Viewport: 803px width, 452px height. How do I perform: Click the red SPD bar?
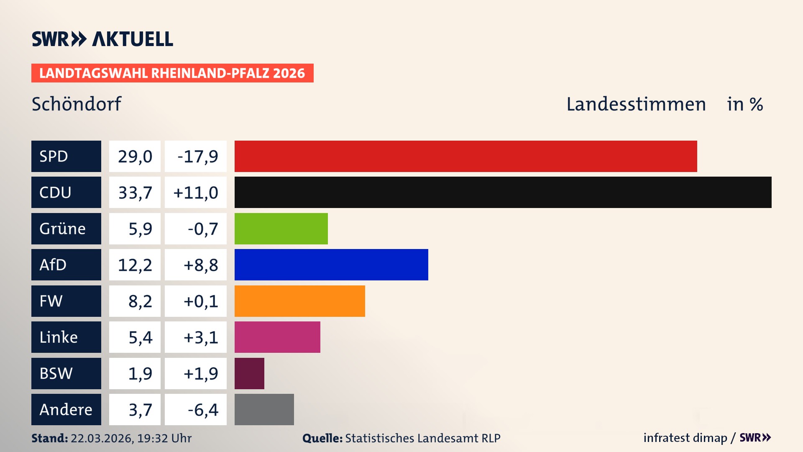(465, 156)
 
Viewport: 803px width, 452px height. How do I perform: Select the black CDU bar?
(503, 193)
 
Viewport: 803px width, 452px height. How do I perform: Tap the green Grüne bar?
(281, 229)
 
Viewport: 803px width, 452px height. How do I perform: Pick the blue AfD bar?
(331, 265)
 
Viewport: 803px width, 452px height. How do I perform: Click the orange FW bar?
(299, 301)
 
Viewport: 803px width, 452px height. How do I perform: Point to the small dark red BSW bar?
(249, 373)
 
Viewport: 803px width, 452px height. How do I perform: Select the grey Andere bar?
(264, 409)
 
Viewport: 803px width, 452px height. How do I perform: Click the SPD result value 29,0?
(135, 157)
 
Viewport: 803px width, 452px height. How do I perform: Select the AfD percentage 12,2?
(135, 265)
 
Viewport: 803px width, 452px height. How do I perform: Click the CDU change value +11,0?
(196, 193)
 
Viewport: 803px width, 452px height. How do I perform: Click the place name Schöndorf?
(77, 104)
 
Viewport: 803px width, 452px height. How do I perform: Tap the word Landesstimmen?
(636, 104)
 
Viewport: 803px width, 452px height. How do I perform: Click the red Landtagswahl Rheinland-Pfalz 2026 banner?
(172, 73)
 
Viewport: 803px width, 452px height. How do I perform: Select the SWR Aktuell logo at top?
(102, 39)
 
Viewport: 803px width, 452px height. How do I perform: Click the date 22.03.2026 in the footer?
(102, 438)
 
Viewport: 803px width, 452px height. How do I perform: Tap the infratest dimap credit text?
(685, 438)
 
